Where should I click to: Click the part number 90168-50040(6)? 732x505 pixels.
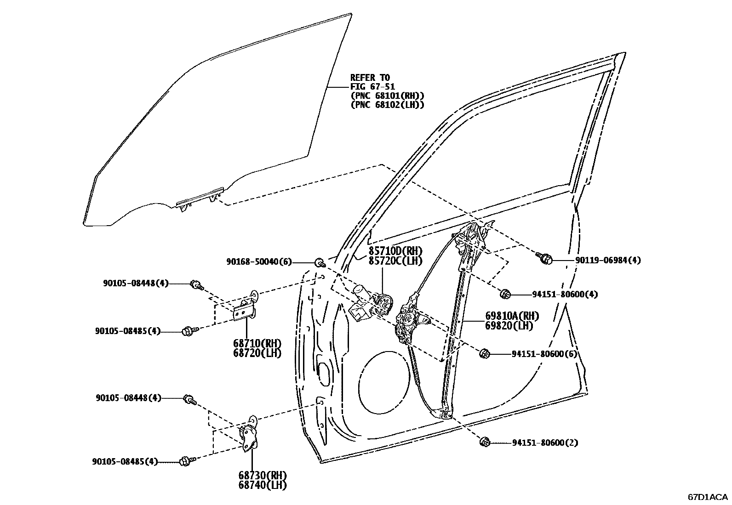[258, 261]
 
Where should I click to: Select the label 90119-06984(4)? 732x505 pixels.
[608, 260]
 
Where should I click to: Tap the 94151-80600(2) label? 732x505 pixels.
[545, 443]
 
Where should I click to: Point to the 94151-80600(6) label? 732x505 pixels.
[544, 354]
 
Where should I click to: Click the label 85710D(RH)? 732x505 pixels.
[395, 251]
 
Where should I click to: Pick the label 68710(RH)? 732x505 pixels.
[259, 344]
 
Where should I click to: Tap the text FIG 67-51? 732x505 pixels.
[372, 86]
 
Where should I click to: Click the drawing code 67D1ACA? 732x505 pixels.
[708, 497]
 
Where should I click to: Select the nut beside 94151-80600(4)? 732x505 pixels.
[505, 294]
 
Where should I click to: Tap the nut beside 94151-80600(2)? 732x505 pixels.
[484, 442]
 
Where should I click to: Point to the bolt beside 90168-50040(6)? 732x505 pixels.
[319, 263]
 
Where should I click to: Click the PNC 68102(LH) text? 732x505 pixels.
[387, 105]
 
